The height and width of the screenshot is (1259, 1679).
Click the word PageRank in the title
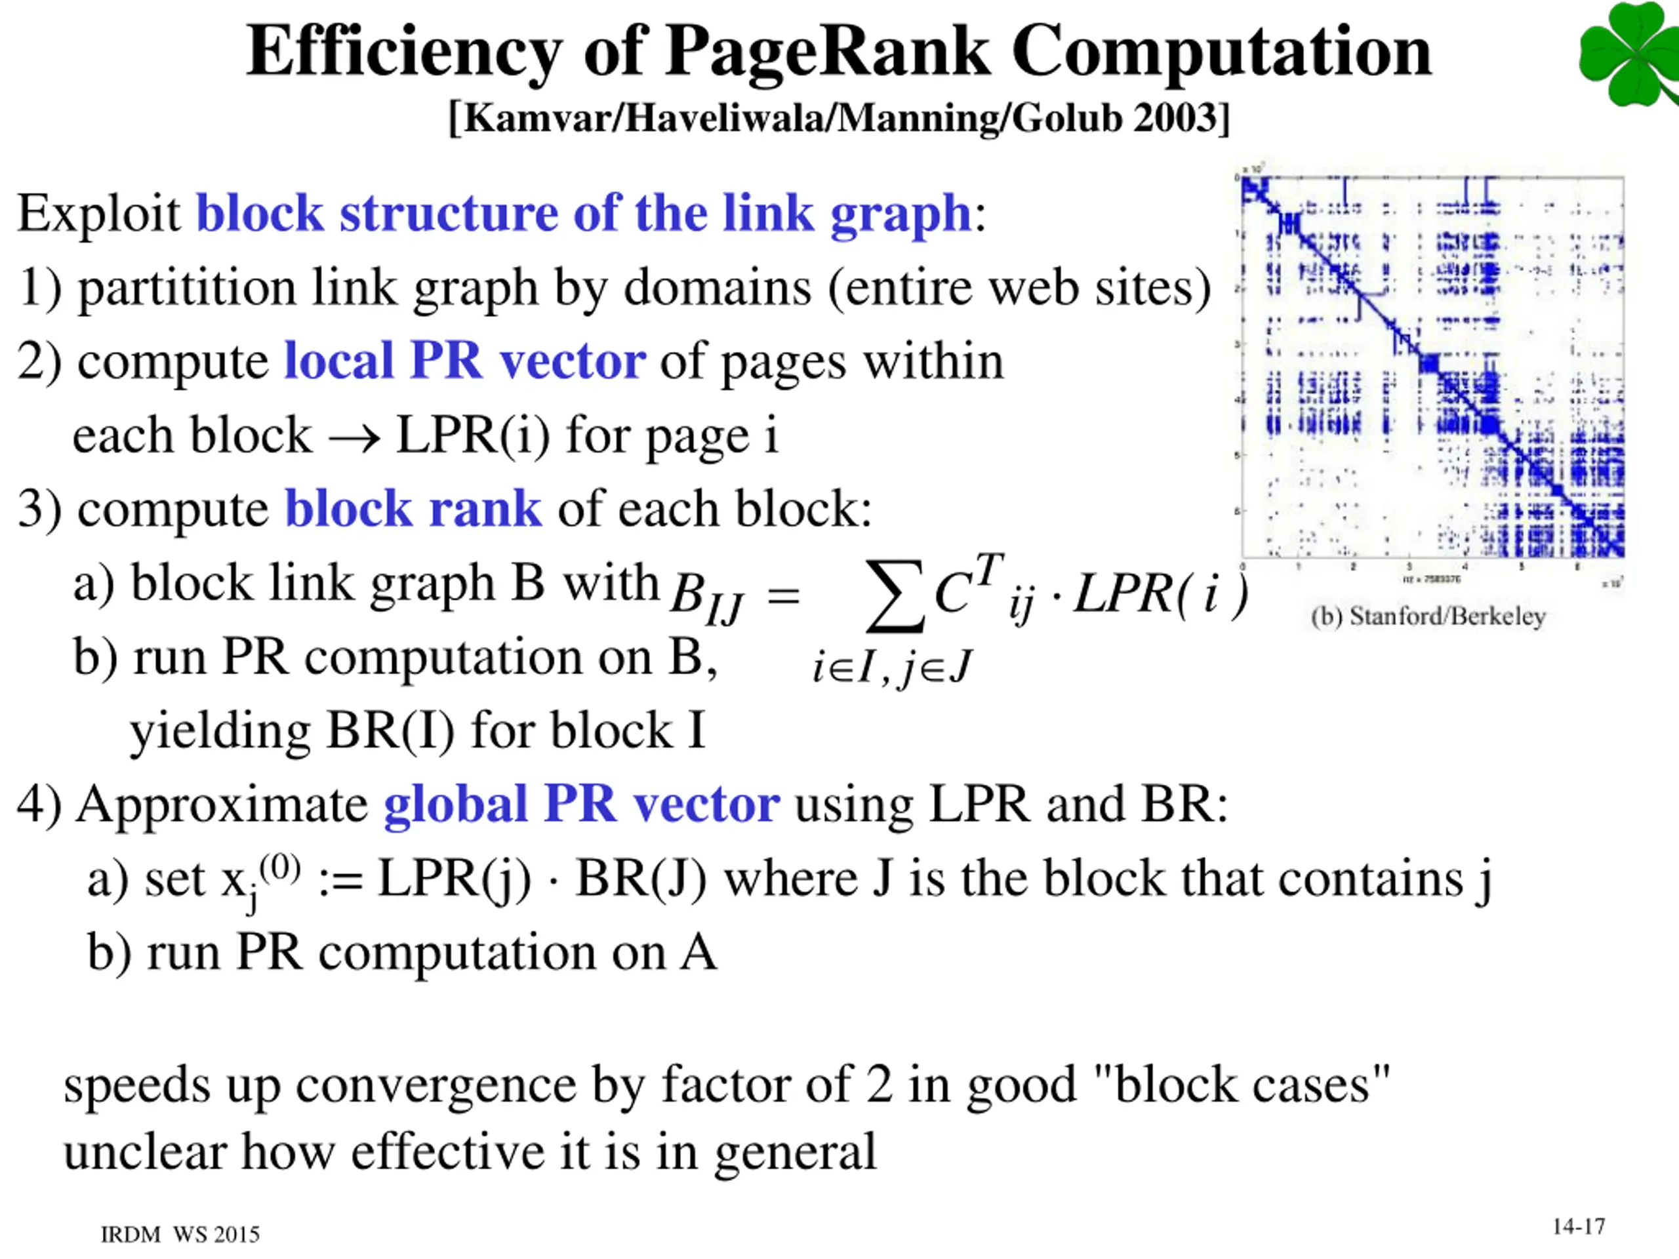click(x=827, y=52)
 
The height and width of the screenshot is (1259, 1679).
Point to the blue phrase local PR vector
click(x=464, y=361)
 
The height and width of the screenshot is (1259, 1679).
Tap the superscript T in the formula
click(x=989, y=569)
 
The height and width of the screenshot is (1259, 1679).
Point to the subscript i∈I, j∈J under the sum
click(x=891, y=668)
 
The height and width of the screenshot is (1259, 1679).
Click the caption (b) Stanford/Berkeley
click(x=1428, y=616)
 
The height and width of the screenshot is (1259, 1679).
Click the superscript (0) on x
click(x=279, y=867)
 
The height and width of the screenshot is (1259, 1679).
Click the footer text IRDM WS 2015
click(x=180, y=1235)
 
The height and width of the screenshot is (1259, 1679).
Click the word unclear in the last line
click(x=144, y=1152)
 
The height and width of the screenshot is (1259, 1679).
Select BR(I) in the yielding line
click(x=390, y=732)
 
